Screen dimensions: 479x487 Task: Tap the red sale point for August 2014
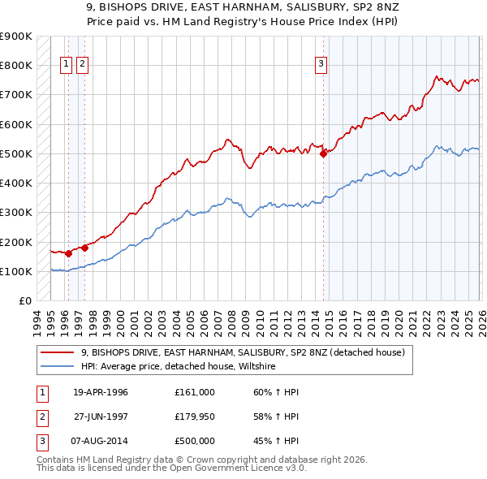click(x=323, y=153)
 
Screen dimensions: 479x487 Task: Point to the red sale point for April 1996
click(x=68, y=253)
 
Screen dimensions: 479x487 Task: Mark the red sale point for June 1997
click(x=84, y=248)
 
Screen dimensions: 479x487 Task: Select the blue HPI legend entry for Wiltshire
click(x=179, y=367)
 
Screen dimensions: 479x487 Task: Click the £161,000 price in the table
click(x=194, y=392)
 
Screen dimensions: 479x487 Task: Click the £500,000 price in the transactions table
click(x=194, y=441)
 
